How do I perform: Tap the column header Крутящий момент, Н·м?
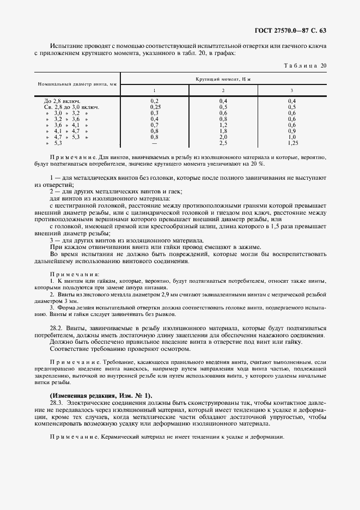(223, 80)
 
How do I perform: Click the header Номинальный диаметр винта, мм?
(77, 84)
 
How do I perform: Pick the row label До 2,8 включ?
(62, 101)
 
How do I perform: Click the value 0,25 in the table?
(155, 107)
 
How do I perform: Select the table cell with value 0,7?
(154, 125)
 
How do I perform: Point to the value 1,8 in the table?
(223, 131)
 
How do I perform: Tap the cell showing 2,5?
(223, 143)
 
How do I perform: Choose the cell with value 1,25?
(291, 143)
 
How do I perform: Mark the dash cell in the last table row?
(154, 143)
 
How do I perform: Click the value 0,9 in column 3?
(291, 131)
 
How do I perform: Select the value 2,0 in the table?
(223, 137)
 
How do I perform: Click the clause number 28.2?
(56, 329)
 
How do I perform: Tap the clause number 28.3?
(56, 401)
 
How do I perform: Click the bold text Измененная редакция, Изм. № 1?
(101, 394)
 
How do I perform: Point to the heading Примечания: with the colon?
(75, 274)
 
